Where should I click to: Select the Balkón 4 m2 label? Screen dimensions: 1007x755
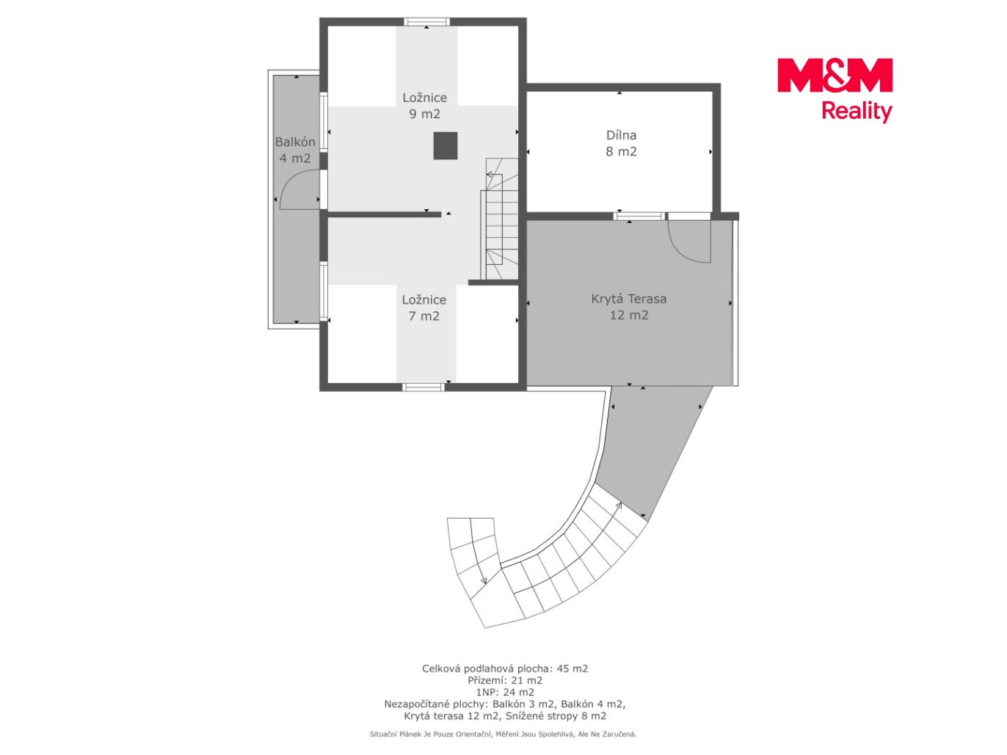coord(295,150)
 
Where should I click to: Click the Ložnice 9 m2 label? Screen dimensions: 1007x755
coord(424,106)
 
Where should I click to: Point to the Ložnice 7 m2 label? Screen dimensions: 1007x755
coord(424,307)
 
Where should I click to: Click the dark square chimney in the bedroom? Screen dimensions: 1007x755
coord(445,146)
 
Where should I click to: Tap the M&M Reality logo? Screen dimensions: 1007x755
coord(835,90)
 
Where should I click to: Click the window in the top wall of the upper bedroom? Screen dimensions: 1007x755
coord(426,21)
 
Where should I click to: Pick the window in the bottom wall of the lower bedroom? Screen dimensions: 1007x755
coord(423,387)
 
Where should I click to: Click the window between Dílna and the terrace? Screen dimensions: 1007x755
coord(639,216)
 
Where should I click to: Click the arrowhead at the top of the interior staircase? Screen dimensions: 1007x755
coord(489,175)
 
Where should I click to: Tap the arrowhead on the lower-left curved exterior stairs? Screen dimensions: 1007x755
coord(484,581)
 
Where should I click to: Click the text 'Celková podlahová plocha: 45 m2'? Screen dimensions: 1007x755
coord(505,669)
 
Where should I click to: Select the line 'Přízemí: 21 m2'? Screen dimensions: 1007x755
coord(505,681)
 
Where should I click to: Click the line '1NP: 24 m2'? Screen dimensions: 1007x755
coord(505,693)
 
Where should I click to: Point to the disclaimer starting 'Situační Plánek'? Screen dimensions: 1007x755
coord(503,734)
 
